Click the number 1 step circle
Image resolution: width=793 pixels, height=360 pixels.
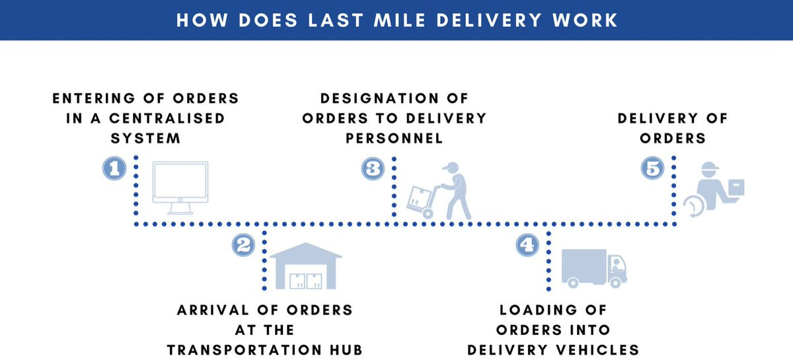click(114, 168)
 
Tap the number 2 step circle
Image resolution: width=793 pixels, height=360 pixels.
click(243, 246)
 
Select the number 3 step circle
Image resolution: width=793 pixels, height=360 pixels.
click(373, 168)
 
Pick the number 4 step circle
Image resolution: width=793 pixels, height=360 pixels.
click(527, 246)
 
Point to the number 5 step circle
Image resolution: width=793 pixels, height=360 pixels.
click(652, 168)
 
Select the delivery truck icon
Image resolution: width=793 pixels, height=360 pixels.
click(593, 268)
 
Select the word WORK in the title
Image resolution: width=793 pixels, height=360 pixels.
click(587, 20)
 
